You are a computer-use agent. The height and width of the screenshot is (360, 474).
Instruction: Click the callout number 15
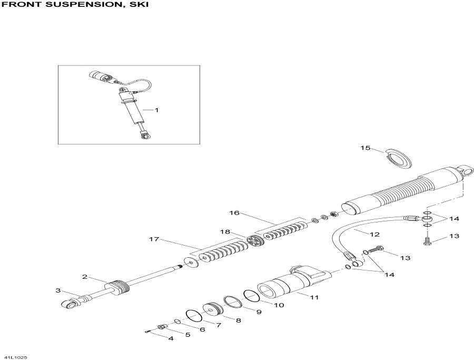(365, 148)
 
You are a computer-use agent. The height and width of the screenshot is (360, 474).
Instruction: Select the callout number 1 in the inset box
(156, 110)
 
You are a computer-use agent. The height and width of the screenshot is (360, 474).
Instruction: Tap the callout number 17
(154, 239)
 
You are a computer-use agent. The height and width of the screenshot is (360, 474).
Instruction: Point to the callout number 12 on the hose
(374, 235)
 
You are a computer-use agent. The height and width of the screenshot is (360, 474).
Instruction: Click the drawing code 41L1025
(14, 357)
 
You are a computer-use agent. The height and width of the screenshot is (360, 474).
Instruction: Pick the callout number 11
(314, 297)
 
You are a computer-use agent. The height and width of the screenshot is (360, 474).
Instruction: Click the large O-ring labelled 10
(252, 296)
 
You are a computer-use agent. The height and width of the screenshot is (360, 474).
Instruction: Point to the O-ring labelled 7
(194, 316)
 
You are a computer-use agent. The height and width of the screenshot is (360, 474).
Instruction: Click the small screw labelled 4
(148, 332)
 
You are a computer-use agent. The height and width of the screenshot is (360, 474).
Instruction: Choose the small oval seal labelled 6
(178, 322)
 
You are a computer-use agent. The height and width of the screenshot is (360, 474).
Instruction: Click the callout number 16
(234, 213)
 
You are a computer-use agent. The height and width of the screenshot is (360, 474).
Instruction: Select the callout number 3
(58, 291)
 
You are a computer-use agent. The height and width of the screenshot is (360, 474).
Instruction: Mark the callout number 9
(259, 312)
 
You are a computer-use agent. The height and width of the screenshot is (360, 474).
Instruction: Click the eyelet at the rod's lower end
(69, 304)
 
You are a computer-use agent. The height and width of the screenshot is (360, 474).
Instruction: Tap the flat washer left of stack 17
(191, 262)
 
